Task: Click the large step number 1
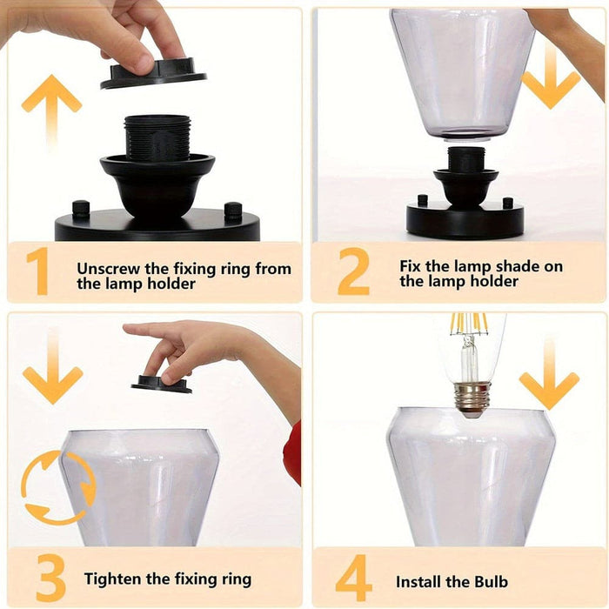(38, 271)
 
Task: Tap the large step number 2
(353, 271)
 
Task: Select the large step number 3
(50, 578)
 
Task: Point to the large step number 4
(353, 578)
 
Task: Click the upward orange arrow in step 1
(51, 112)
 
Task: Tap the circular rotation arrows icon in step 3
(58, 488)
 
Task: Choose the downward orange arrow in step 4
(549, 373)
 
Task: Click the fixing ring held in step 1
(154, 76)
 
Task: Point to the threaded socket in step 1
(157, 137)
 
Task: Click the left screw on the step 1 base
(81, 209)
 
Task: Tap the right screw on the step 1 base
(233, 211)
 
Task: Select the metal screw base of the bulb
(472, 398)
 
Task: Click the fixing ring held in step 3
(161, 384)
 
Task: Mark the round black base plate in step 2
(465, 220)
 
